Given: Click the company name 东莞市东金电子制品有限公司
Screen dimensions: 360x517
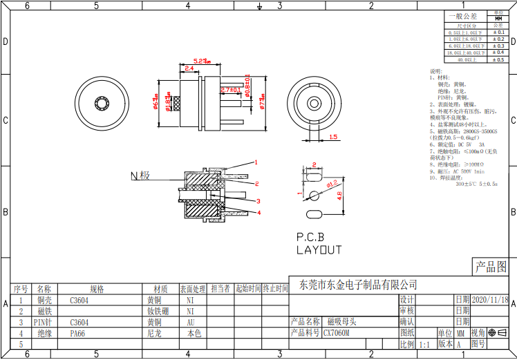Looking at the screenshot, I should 357,284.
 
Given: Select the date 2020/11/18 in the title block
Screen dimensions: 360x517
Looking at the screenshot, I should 490,300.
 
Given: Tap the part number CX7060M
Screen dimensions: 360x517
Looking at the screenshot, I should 337,332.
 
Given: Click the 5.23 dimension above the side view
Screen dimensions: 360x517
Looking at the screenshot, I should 202,61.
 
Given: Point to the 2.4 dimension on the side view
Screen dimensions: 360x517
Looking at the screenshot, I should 189,68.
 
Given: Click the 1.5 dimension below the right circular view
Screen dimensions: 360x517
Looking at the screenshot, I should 333,137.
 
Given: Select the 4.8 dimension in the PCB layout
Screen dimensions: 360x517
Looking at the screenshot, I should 339,196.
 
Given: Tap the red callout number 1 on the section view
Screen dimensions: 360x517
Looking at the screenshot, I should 256,162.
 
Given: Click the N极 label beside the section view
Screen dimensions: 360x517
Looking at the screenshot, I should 140,176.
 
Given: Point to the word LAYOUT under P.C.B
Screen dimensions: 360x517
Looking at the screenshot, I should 319,249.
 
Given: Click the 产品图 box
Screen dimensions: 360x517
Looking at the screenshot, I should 490,267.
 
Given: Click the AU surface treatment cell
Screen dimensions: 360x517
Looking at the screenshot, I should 190,322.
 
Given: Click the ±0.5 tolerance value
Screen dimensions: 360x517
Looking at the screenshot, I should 498,60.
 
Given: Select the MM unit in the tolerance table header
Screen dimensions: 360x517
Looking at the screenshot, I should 498,19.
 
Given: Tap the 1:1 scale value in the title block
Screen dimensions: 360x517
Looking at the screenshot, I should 424,343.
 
